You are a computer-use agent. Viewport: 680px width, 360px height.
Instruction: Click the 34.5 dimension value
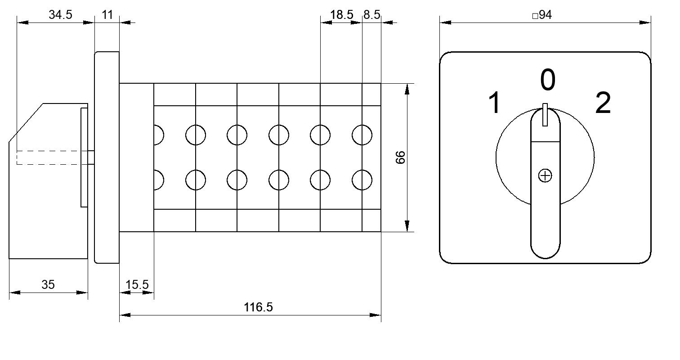[60, 14]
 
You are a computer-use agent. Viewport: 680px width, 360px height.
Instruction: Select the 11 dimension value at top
[107, 14]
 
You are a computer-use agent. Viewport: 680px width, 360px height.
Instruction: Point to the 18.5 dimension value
[341, 14]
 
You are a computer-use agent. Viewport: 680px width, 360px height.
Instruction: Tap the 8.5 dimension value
[371, 14]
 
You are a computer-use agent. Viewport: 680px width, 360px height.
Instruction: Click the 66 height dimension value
[400, 157]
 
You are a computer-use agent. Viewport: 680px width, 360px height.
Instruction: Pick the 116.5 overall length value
[258, 307]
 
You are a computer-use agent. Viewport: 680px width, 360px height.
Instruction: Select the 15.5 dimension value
[137, 285]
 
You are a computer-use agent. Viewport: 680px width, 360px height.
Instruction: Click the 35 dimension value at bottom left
[48, 285]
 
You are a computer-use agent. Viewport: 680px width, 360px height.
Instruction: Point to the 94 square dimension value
[542, 14]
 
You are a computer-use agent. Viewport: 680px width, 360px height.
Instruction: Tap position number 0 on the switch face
[548, 80]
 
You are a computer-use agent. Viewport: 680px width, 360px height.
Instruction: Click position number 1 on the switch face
[495, 103]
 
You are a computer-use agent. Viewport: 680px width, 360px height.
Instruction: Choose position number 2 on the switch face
[603, 103]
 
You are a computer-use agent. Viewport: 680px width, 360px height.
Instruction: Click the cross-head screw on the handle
[545, 175]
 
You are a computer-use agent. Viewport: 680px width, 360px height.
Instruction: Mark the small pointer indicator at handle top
[545, 115]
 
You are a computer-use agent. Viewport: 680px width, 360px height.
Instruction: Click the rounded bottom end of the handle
[545, 249]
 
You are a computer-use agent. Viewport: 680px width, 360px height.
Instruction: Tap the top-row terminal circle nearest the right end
[362, 135]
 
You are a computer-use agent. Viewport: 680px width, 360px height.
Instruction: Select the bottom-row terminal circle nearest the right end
[362, 180]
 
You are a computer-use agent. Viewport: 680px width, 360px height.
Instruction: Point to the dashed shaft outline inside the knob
[49, 157]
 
